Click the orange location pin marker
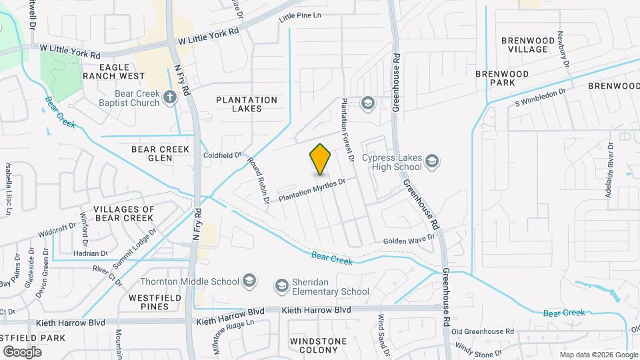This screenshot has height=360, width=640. click(x=321, y=159)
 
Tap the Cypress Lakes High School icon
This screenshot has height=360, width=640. click(x=433, y=161)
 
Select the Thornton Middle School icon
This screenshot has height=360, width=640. click(x=250, y=279)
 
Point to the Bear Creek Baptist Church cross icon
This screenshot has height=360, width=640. click(x=170, y=97)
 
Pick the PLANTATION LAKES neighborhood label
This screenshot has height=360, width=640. click(x=247, y=105)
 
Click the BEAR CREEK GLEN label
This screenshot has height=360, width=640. click(x=161, y=154)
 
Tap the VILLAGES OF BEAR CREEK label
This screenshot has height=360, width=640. click(x=124, y=213)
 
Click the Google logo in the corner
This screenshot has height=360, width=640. click(x=22, y=351)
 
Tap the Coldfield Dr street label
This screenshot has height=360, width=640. click(x=222, y=155)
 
